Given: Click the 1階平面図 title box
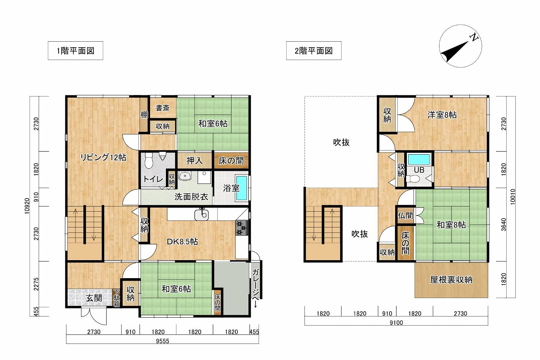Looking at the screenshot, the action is (75, 51).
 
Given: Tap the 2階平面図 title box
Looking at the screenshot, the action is (314, 51).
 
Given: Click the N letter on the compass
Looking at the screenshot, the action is (474, 38).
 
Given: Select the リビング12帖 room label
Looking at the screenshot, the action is (103, 157).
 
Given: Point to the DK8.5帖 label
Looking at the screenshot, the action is (182, 241).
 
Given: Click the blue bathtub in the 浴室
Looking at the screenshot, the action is (242, 188).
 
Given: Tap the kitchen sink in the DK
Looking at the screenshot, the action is (202, 214).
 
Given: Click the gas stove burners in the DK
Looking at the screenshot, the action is (242, 228).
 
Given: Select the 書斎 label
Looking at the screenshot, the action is (162, 108).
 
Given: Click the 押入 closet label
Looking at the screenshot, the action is (194, 161).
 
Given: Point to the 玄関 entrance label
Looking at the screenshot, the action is (94, 298).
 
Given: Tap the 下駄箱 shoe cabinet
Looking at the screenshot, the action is (116, 298).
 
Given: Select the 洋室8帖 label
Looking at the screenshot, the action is (442, 115).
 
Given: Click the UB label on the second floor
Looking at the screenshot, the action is (419, 170).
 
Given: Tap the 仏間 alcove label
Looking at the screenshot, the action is (405, 215).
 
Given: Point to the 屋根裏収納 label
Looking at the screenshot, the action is (451, 280).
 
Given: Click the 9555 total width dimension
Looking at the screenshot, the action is (162, 341).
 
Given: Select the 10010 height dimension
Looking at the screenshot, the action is (513, 197).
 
